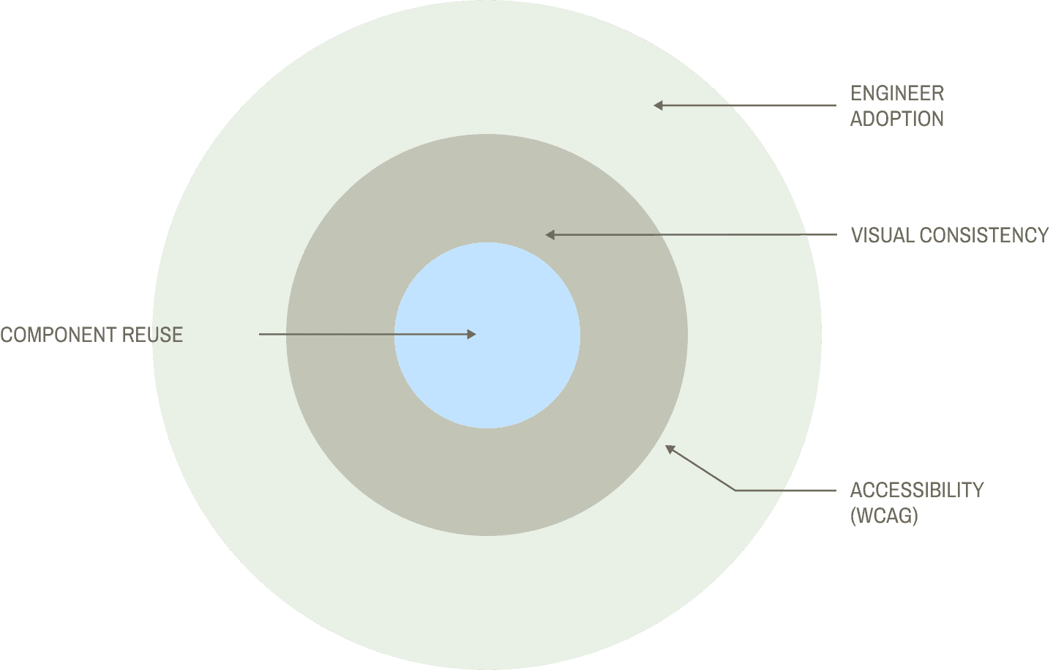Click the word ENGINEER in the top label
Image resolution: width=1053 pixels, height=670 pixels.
[897, 93]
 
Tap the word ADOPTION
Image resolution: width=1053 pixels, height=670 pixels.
[897, 119]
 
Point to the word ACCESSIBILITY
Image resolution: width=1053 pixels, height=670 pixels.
[916, 490]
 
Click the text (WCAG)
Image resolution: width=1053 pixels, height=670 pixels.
[884, 515]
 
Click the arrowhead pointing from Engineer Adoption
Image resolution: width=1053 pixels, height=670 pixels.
[657, 105]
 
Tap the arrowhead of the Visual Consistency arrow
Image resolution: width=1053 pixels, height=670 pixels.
[550, 235]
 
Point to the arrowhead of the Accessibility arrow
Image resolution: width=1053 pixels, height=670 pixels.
[669, 448]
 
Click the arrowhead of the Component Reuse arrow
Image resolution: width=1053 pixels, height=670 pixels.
[472, 335]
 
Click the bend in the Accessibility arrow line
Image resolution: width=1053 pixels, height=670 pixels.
[735, 490]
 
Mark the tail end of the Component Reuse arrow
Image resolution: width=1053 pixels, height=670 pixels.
[260, 335]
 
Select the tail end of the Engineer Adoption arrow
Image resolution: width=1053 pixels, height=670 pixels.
[835, 105]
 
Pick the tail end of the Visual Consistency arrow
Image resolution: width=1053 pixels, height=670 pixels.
[835, 235]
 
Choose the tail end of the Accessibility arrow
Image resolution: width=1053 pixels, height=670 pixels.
[835, 490]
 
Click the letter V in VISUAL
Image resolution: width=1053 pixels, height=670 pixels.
[856, 235]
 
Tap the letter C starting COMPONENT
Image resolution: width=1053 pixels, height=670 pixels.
[7, 335]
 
